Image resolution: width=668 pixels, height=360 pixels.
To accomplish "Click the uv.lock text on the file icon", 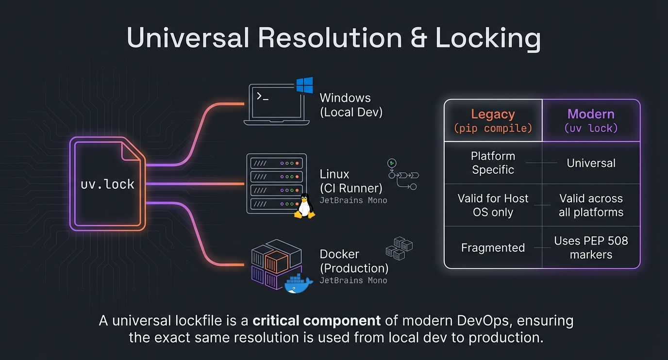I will point(107,184).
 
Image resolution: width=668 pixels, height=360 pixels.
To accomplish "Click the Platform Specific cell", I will point(493,163).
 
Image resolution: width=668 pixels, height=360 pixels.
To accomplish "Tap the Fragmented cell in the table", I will point(493,247).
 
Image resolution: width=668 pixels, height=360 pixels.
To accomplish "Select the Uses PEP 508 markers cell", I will point(591,247).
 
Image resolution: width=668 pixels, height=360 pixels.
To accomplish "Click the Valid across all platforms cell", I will point(591,205).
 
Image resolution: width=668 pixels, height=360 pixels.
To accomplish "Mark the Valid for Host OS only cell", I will point(493,205).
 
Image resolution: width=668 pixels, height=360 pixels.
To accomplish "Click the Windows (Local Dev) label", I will point(351,105).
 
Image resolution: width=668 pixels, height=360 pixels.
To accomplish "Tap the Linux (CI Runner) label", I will point(351,180).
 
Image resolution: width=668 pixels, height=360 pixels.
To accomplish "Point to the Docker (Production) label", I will point(354,261).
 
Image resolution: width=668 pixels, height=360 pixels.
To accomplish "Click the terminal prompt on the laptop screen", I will point(262,97).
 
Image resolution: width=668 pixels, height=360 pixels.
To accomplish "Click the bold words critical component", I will point(317,321).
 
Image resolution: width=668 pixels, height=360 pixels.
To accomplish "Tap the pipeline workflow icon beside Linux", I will point(402,175).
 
